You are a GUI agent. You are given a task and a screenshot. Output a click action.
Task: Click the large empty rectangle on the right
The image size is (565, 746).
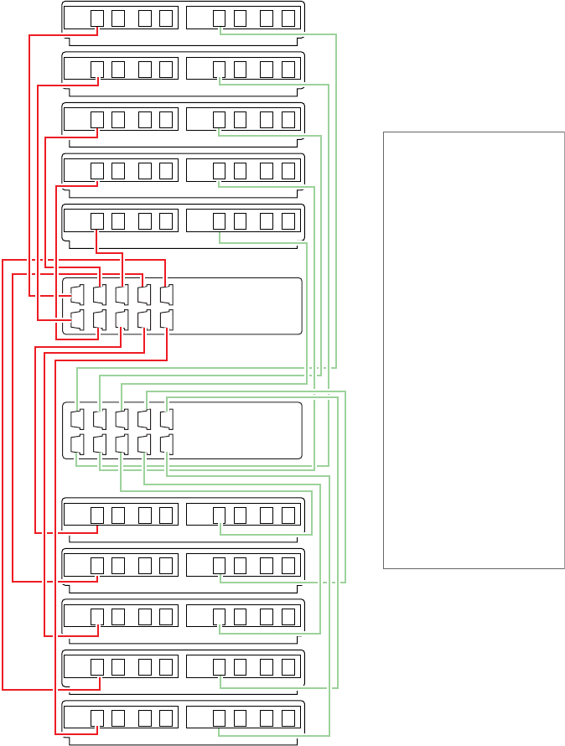pyautogui.click(x=474, y=350)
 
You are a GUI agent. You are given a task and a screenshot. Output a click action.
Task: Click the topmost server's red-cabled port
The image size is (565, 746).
pyautogui.click(x=97, y=18)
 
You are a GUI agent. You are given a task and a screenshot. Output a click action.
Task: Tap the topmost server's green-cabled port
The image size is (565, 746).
pyautogui.click(x=220, y=18)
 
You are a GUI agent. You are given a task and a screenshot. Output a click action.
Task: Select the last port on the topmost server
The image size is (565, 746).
pyautogui.click(x=288, y=18)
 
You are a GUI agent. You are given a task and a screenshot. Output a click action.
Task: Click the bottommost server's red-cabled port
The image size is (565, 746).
pyautogui.click(x=97, y=718)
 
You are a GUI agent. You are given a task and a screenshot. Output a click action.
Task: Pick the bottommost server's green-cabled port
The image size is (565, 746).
pyautogui.click(x=220, y=718)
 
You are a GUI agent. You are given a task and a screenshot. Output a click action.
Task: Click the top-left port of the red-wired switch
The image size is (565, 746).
pyautogui.click(x=78, y=295)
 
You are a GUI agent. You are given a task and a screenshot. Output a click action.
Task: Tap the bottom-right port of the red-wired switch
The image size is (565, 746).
pyautogui.click(x=166, y=319)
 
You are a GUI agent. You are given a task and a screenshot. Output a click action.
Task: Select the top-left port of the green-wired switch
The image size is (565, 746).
pyautogui.click(x=78, y=419)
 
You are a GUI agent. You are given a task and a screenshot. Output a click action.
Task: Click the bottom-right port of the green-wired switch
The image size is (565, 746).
pyautogui.click(x=166, y=443)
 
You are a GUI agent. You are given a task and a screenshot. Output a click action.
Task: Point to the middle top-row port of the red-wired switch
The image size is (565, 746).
pyautogui.click(x=122, y=295)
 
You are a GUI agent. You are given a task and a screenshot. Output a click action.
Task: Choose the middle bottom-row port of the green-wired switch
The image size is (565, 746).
pyautogui.click(x=122, y=443)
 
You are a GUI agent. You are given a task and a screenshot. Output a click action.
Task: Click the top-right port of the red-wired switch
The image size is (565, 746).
pyautogui.click(x=166, y=295)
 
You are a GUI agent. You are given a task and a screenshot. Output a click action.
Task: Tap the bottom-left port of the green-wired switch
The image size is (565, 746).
pyautogui.click(x=78, y=443)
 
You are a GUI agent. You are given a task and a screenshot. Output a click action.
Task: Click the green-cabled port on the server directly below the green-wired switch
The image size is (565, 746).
pyautogui.click(x=220, y=514)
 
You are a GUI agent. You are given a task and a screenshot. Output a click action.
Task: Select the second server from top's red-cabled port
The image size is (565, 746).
pyautogui.click(x=97, y=69)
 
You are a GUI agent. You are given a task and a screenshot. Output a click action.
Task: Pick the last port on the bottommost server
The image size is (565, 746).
pyautogui.click(x=288, y=718)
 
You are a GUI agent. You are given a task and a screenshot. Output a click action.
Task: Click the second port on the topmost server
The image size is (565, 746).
pyautogui.click(x=118, y=18)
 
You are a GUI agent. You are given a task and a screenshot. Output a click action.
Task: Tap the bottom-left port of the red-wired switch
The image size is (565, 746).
pyautogui.click(x=78, y=319)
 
